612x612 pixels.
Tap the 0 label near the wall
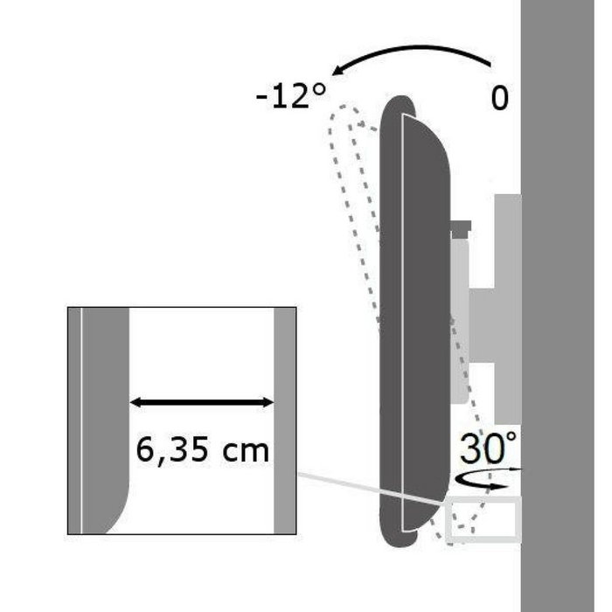(x=499, y=97)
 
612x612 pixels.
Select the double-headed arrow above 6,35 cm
(x=202, y=402)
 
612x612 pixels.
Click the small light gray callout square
(x=482, y=518)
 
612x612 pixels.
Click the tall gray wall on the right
(x=566, y=306)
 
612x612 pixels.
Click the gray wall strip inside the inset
(x=285, y=420)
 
